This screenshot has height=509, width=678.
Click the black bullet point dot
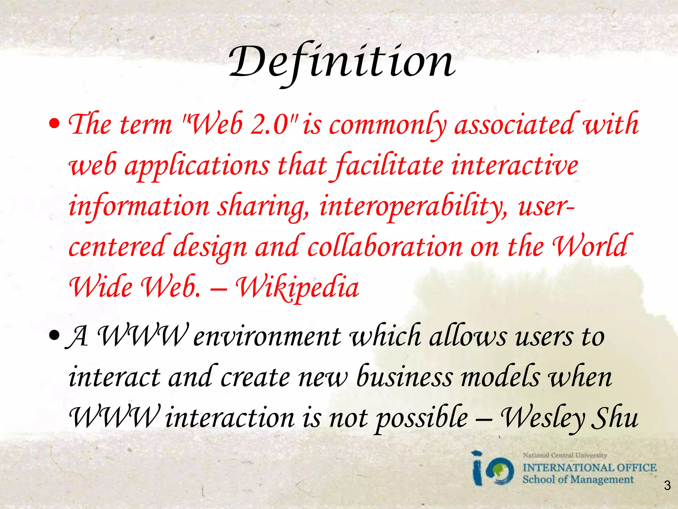coord(54,337)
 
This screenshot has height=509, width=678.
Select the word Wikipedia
coord(298,287)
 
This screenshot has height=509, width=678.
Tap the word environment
coord(267,337)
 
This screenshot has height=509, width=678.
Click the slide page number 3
coord(667,486)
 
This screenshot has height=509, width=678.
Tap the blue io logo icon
coord(493,469)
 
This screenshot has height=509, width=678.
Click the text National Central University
coord(564,455)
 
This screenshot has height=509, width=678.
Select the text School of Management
coord(578,480)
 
